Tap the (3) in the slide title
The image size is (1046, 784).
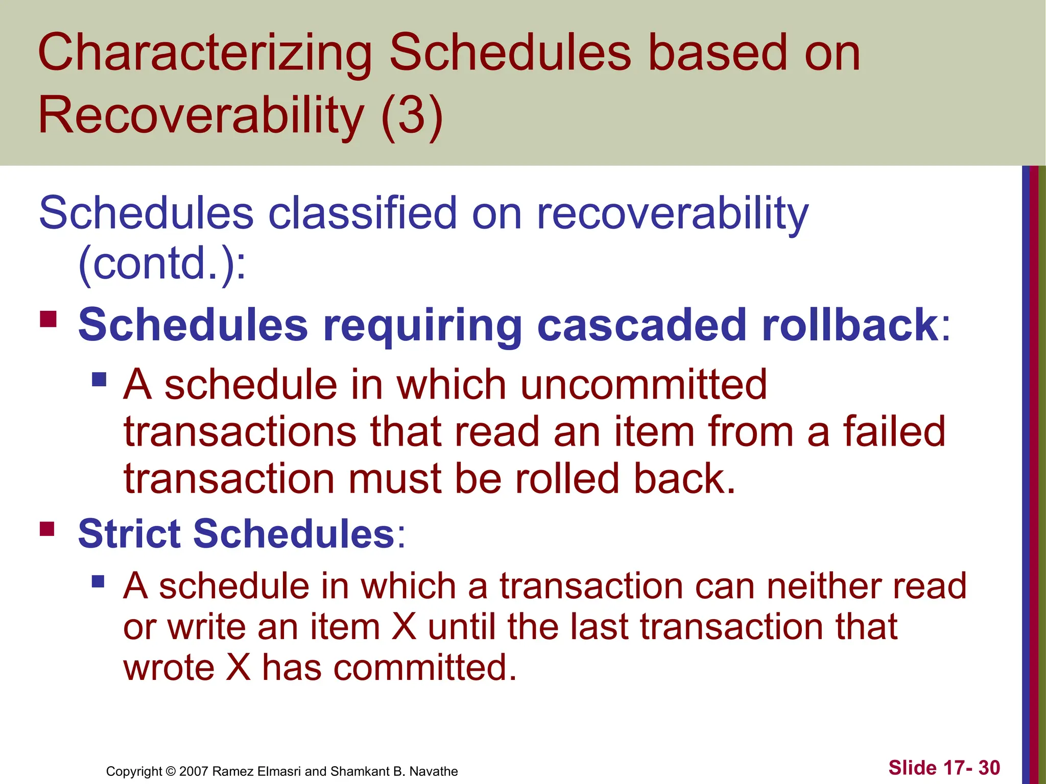tap(412, 116)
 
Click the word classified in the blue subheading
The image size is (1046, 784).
tap(362, 213)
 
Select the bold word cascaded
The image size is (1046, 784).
tap(641, 325)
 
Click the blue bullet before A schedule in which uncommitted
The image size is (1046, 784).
tap(99, 379)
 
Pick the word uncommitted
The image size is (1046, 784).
tap(643, 385)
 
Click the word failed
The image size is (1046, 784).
tap(893, 432)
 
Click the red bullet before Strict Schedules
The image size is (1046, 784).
tap(47, 528)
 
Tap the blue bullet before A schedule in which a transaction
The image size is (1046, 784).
tap(98, 581)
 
